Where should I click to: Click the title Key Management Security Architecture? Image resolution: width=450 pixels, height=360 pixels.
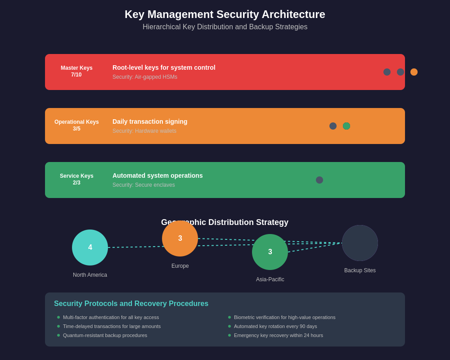click(225, 14)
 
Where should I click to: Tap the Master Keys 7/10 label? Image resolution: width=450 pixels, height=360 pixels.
click(76, 72)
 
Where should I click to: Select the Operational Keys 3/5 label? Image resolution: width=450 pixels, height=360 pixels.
click(76, 126)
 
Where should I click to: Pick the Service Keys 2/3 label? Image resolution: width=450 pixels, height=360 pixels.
click(76, 180)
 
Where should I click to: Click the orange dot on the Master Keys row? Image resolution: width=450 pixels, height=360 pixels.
click(414, 72)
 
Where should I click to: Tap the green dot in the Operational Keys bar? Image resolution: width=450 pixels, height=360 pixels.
click(346, 126)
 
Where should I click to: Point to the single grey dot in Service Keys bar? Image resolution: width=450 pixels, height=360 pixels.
click(319, 180)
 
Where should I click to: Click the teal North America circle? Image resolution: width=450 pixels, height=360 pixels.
click(90, 247)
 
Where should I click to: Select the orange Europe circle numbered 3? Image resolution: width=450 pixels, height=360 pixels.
click(180, 238)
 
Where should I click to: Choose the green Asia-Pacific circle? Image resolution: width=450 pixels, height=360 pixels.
click(270, 252)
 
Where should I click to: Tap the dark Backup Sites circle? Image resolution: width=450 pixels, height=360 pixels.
click(360, 243)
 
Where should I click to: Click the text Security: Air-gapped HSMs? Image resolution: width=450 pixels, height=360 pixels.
click(145, 77)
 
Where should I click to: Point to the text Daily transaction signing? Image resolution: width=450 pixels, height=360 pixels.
click(150, 121)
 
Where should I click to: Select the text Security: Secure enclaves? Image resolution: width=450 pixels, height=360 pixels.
click(144, 185)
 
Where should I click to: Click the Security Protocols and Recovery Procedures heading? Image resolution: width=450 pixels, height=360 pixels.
click(131, 304)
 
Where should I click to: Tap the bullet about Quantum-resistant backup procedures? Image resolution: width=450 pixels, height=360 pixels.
click(105, 335)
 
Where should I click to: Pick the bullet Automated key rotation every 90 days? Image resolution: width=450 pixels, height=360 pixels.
click(275, 326)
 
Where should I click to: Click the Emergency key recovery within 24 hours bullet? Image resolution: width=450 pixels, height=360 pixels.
click(279, 335)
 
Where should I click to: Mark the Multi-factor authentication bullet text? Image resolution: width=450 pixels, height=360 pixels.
click(111, 317)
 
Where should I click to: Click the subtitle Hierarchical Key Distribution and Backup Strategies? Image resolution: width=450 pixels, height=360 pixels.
click(225, 27)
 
